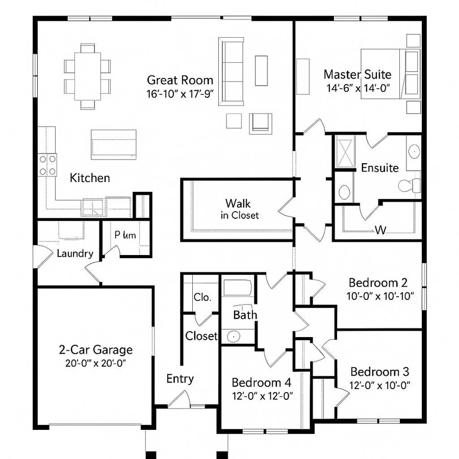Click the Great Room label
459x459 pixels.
(180, 80)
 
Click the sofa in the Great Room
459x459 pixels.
(232, 71)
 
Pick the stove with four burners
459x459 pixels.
(48, 165)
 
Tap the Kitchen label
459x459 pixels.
(90, 178)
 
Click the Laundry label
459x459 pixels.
(75, 253)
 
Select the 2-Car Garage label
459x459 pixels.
(95, 350)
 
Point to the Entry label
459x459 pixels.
(180, 379)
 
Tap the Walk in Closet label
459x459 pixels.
(239, 209)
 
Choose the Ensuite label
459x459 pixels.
(380, 168)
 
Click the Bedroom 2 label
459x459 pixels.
(378, 283)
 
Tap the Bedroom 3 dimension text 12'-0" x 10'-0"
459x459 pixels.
(380, 385)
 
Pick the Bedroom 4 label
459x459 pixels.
(263, 382)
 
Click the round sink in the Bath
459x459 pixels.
(234, 337)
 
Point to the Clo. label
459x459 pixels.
(202, 297)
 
